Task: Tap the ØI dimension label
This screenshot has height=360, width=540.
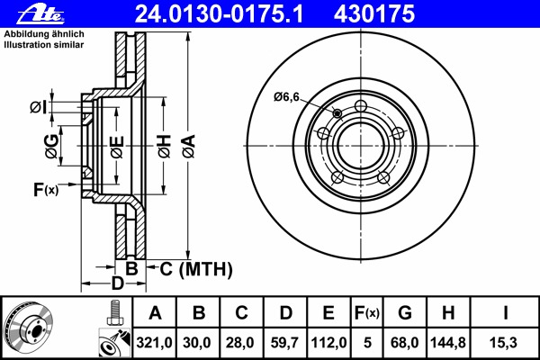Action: pyautogui.click(x=37, y=107)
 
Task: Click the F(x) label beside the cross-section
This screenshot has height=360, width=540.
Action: pyautogui.click(x=45, y=189)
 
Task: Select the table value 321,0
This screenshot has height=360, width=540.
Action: pyautogui.click(x=155, y=343)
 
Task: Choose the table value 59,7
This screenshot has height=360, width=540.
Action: pyautogui.click(x=285, y=343)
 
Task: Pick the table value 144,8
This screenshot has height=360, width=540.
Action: pyautogui.click(x=448, y=343)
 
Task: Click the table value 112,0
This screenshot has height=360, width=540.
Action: pyautogui.click(x=328, y=343)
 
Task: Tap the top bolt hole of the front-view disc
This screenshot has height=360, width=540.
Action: pyautogui.click(x=361, y=108)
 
